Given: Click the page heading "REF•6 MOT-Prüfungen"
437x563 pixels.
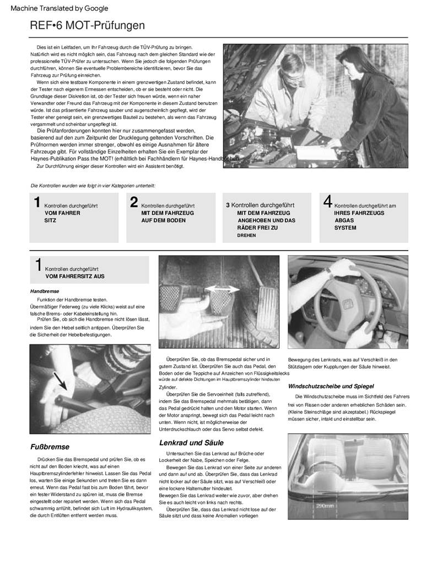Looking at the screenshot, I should (88, 25).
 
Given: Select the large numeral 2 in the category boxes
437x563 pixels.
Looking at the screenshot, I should (134, 202).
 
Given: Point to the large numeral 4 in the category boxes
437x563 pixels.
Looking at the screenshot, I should (327, 202).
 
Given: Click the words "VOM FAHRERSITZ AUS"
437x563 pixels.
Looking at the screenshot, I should (74, 276).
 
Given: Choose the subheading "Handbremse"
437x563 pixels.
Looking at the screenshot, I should (45, 291).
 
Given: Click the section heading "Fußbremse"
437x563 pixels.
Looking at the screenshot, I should (50, 447).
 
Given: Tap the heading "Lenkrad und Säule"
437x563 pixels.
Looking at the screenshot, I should (191, 443).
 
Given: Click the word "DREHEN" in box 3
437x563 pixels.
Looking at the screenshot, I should (246, 235).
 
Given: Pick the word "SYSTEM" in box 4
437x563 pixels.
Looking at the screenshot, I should (345, 227).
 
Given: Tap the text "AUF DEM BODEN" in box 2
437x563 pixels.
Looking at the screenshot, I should (163, 220).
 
